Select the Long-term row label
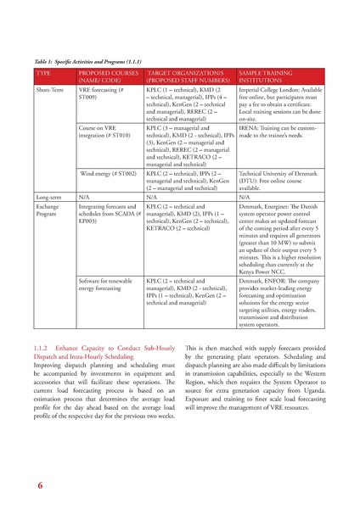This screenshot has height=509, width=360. [48, 196]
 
